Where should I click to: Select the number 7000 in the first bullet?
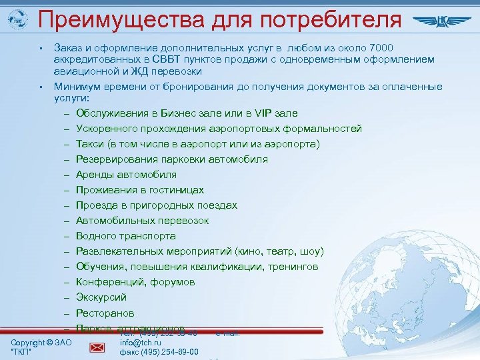[379, 48]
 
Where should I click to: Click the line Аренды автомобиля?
[126, 174]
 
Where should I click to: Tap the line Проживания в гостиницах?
[139, 189]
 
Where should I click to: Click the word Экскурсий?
[101, 297]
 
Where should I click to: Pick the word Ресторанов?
[105, 313]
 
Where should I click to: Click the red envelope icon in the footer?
[97, 347]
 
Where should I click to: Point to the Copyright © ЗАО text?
[41, 343]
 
